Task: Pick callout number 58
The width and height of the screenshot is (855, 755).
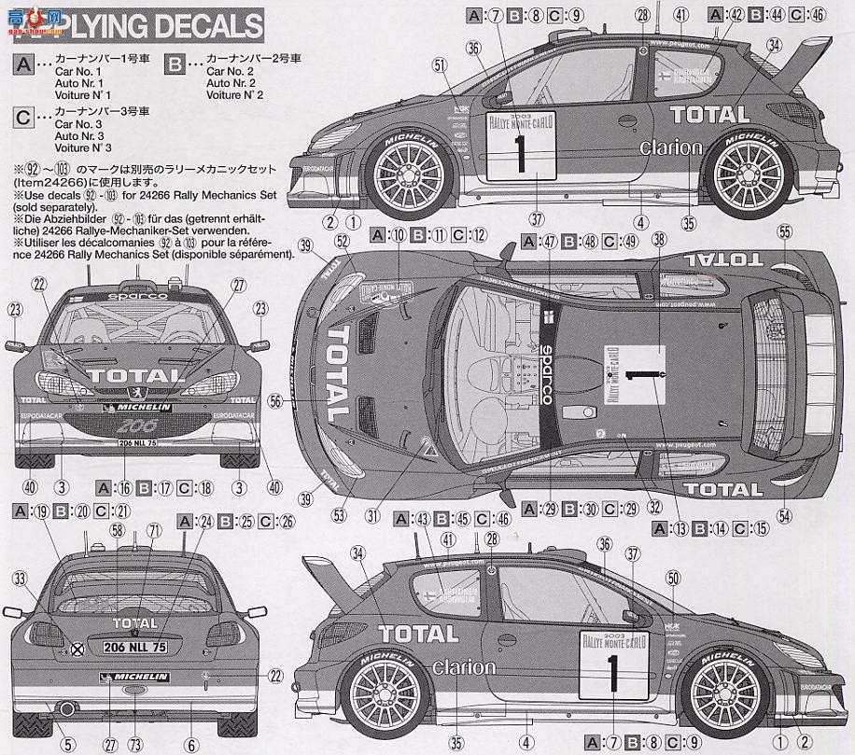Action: click(x=118, y=530)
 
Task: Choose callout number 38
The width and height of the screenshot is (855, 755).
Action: click(x=660, y=239)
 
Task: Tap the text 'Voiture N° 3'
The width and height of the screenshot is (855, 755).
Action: click(x=83, y=147)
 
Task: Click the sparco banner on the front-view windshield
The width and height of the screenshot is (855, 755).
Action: click(x=138, y=296)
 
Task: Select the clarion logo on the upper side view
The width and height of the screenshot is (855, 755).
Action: click(x=670, y=147)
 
